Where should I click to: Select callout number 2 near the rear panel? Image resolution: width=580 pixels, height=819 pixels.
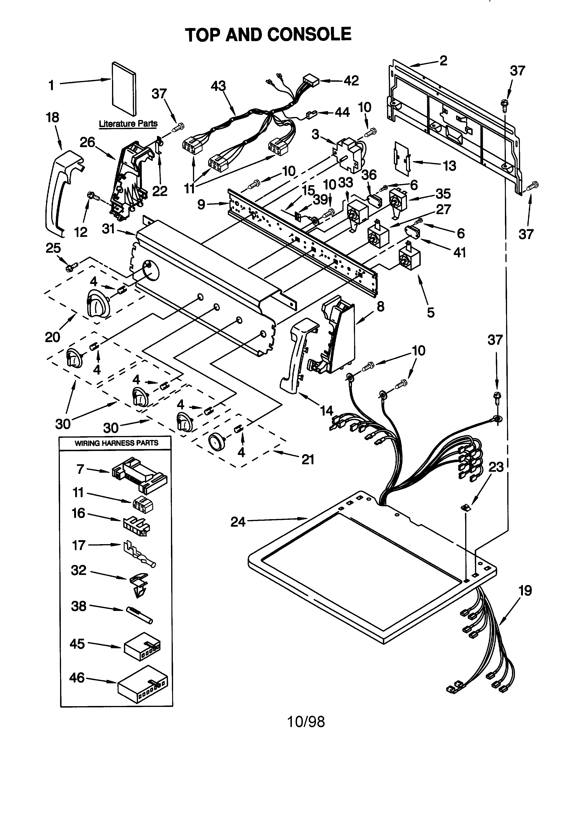point(443,61)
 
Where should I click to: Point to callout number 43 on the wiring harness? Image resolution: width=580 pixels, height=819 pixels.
point(218,86)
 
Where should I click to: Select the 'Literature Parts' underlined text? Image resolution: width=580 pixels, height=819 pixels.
point(128,124)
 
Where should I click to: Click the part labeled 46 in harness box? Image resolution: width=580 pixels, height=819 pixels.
point(142,687)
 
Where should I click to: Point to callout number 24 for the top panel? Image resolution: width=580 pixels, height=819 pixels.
point(238,522)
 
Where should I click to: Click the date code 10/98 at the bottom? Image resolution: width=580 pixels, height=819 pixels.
point(306,722)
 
